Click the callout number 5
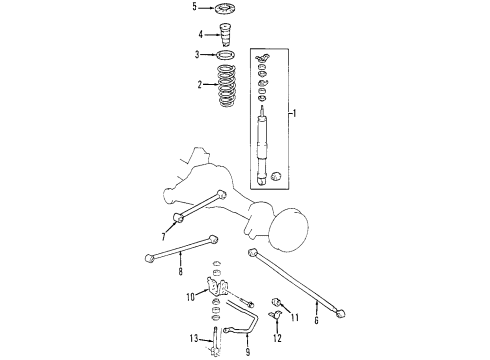click(x=195, y=7)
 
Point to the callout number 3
click(x=198, y=55)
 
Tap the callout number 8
click(x=180, y=270)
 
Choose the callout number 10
click(x=188, y=297)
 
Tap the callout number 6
click(x=317, y=321)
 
